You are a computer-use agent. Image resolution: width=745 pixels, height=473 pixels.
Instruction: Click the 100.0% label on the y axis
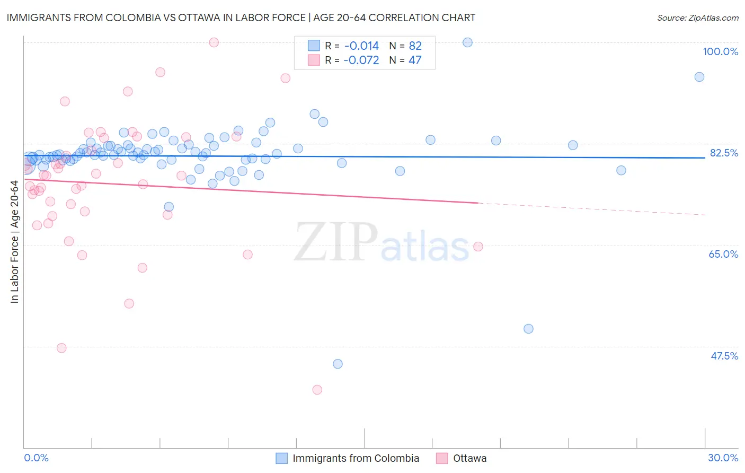(720, 51)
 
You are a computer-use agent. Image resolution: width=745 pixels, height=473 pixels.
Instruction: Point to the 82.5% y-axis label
(724, 153)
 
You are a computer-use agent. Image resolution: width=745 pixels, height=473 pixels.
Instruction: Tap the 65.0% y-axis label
(723, 254)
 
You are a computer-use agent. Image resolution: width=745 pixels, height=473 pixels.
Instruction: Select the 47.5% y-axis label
(724, 356)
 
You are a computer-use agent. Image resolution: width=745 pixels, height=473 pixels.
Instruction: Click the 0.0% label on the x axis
(36, 458)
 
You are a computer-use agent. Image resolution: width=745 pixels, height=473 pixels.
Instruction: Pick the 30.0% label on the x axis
(723, 458)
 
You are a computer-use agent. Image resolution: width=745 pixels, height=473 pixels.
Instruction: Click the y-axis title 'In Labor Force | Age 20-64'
(14, 242)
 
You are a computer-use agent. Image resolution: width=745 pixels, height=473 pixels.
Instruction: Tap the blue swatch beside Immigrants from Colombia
(282, 458)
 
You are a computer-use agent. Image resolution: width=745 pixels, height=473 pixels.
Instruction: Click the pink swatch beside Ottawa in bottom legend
(442, 458)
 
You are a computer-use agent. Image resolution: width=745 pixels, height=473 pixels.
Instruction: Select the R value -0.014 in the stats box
(361, 46)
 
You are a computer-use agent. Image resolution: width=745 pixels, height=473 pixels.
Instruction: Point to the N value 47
(415, 60)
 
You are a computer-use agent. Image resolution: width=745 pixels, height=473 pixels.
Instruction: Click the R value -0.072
(361, 60)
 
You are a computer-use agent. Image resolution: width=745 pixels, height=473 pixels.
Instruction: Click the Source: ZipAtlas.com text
(697, 17)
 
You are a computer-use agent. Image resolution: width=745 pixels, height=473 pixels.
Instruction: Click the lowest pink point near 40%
(317, 390)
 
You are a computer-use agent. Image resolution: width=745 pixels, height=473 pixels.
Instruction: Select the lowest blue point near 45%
(338, 364)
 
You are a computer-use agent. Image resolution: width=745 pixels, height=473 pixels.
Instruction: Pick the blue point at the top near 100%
(467, 42)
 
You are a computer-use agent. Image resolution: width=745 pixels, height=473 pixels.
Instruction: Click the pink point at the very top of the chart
(214, 42)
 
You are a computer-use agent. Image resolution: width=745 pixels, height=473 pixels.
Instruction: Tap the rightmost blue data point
(699, 77)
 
